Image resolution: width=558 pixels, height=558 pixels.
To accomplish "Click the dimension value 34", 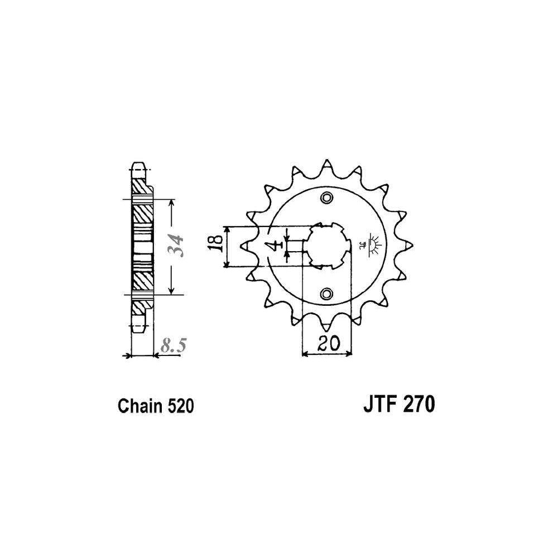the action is (177, 246).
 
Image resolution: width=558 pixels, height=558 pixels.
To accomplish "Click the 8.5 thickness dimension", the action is (174, 345).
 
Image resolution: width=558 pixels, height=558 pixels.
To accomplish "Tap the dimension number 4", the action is (275, 245).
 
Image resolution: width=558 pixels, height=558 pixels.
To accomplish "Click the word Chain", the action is (140, 406).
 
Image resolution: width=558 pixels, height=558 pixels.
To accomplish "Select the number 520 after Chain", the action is (180, 406).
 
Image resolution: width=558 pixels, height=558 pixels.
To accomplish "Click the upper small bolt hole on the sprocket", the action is (326, 198).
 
